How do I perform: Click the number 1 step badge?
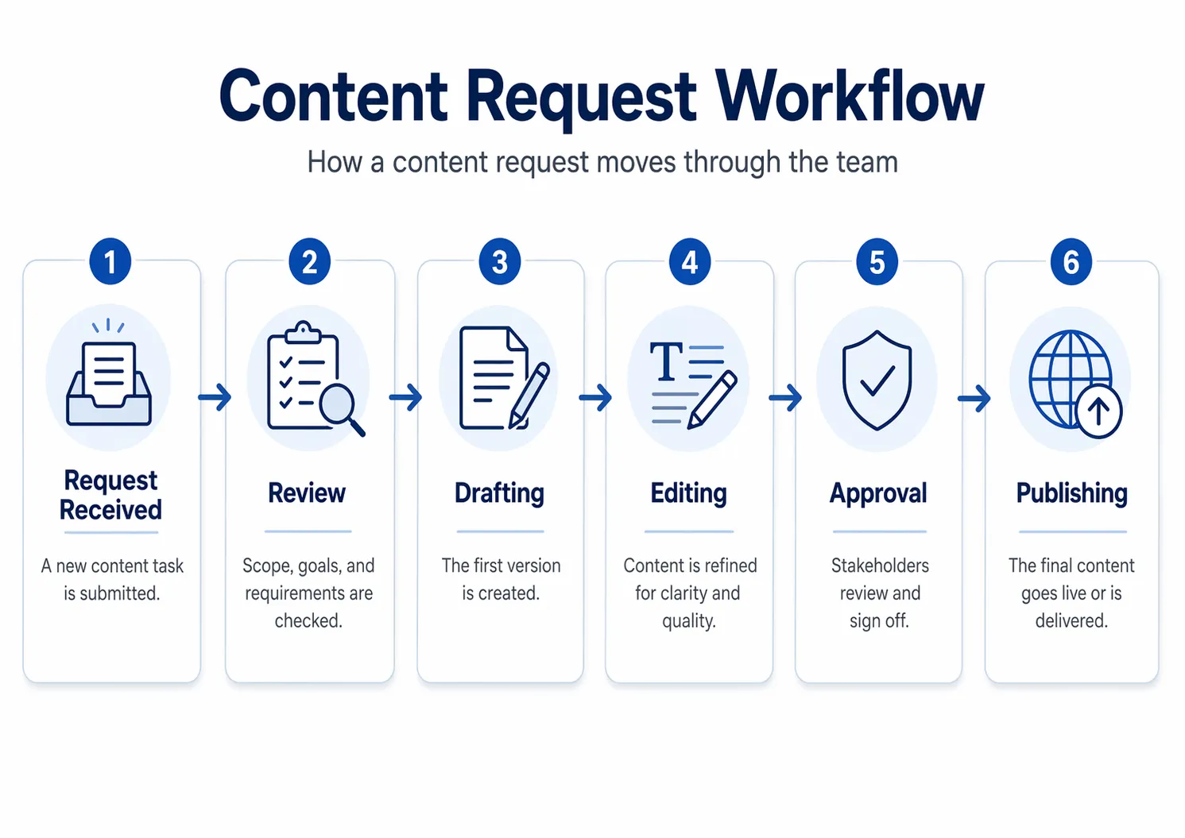110,261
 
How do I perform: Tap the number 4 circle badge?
689,261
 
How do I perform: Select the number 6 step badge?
1071,261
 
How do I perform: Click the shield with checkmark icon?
877,380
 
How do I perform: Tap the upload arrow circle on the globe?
1098,411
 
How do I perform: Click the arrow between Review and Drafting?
405,397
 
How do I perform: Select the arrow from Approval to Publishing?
974,397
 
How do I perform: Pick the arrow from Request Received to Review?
215,396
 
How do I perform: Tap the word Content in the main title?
333,97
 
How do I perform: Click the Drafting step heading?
499,493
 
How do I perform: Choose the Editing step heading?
688,493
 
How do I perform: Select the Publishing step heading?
1071,493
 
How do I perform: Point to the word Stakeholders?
880,566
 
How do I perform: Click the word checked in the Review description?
308,620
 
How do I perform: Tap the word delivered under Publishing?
1071,620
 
